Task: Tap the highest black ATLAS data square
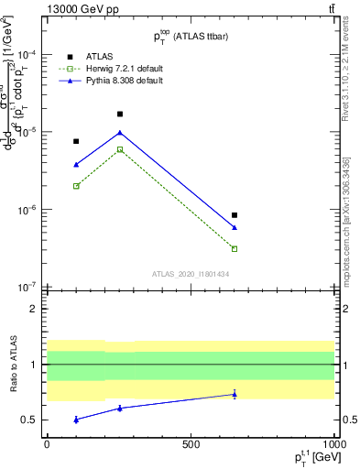pos(119,115)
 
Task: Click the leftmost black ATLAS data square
pos(76,142)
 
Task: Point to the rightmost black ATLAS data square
pos(235,215)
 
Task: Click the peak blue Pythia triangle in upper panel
pos(119,133)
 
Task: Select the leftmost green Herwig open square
pos(76,186)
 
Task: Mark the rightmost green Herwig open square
pos(235,248)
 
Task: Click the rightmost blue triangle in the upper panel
pos(235,227)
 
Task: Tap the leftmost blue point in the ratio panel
pos(76,419)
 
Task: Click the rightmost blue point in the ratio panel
pos(235,394)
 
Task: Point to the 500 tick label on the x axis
pos(191,444)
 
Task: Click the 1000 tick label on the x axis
pos(334,444)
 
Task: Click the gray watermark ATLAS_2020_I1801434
pos(190,274)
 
